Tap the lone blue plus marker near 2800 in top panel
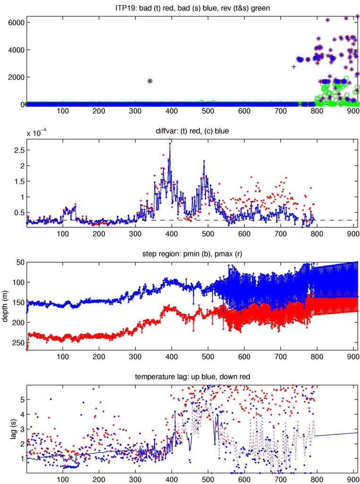294,67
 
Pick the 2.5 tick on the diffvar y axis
18,150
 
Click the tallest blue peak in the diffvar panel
170,145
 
